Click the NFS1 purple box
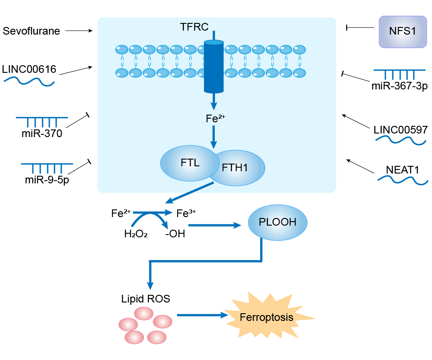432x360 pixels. [x=402, y=31]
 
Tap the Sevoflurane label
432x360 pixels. [x=31, y=31]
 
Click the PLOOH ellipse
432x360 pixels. [x=277, y=222]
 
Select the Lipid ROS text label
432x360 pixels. [x=146, y=298]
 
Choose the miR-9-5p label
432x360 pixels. [x=47, y=180]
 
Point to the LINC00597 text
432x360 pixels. [x=401, y=130]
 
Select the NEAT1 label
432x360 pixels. [x=402, y=170]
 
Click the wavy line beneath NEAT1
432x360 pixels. [x=402, y=181]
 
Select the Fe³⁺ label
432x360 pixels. [x=186, y=213]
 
